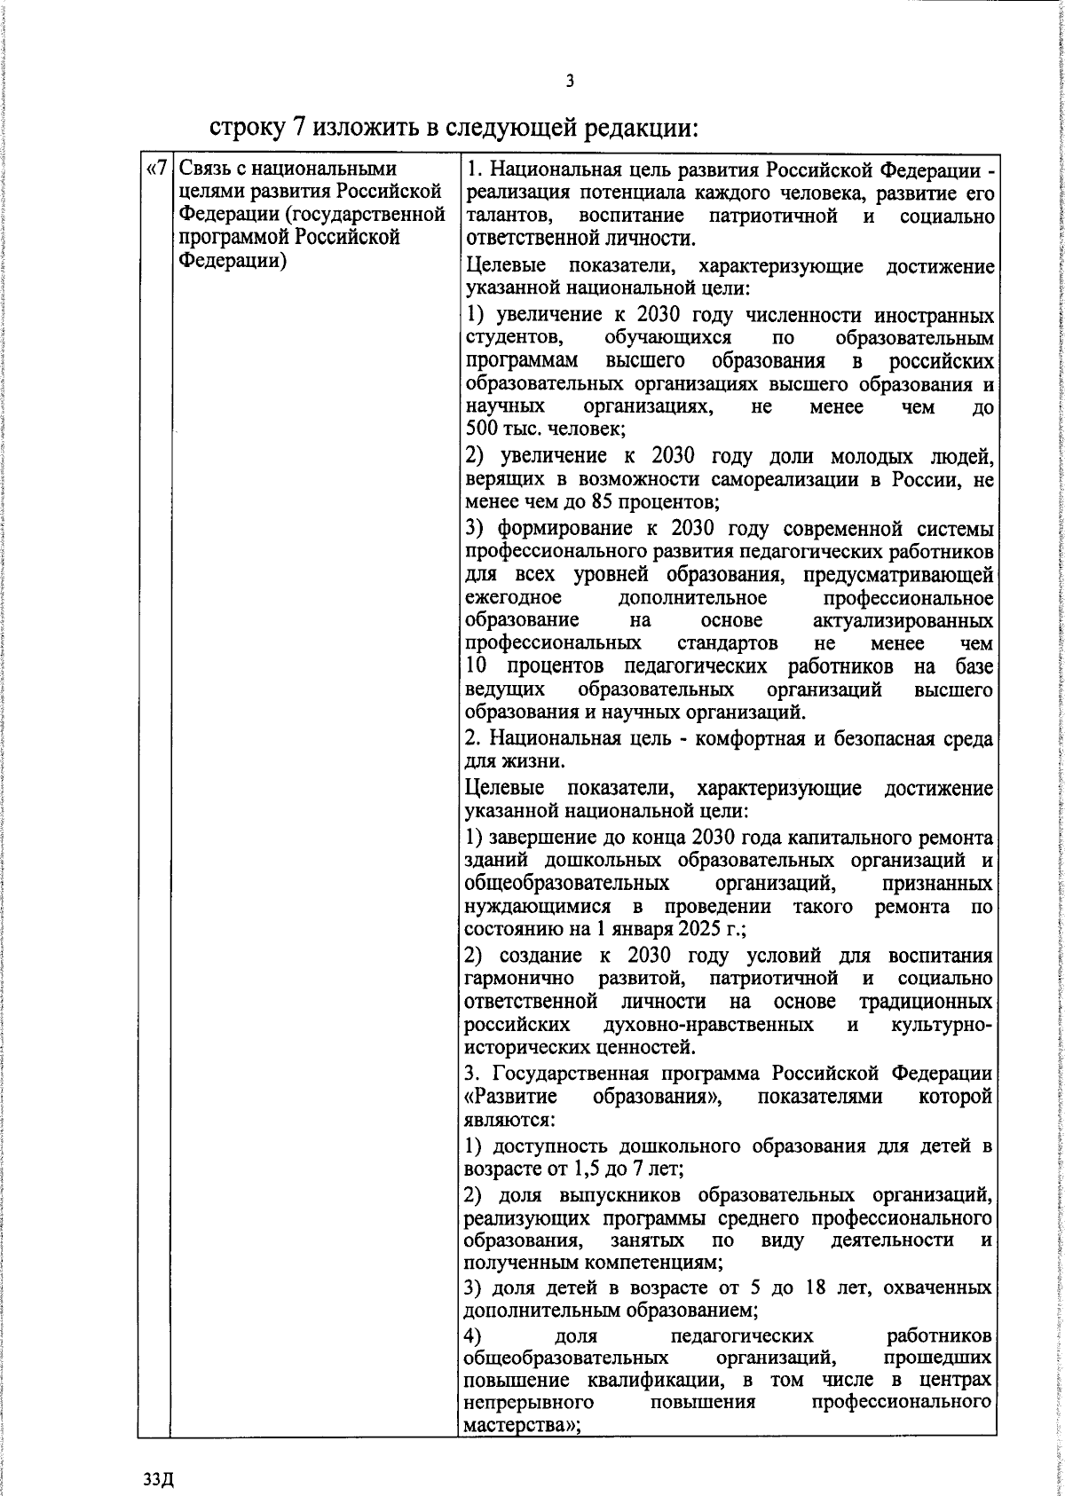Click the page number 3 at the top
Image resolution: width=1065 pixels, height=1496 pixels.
(x=570, y=82)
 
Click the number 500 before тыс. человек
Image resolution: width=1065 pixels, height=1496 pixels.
(x=483, y=431)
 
